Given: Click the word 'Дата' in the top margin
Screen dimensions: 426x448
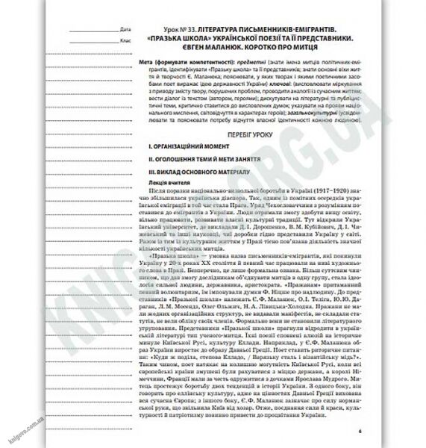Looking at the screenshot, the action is click(124, 28).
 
